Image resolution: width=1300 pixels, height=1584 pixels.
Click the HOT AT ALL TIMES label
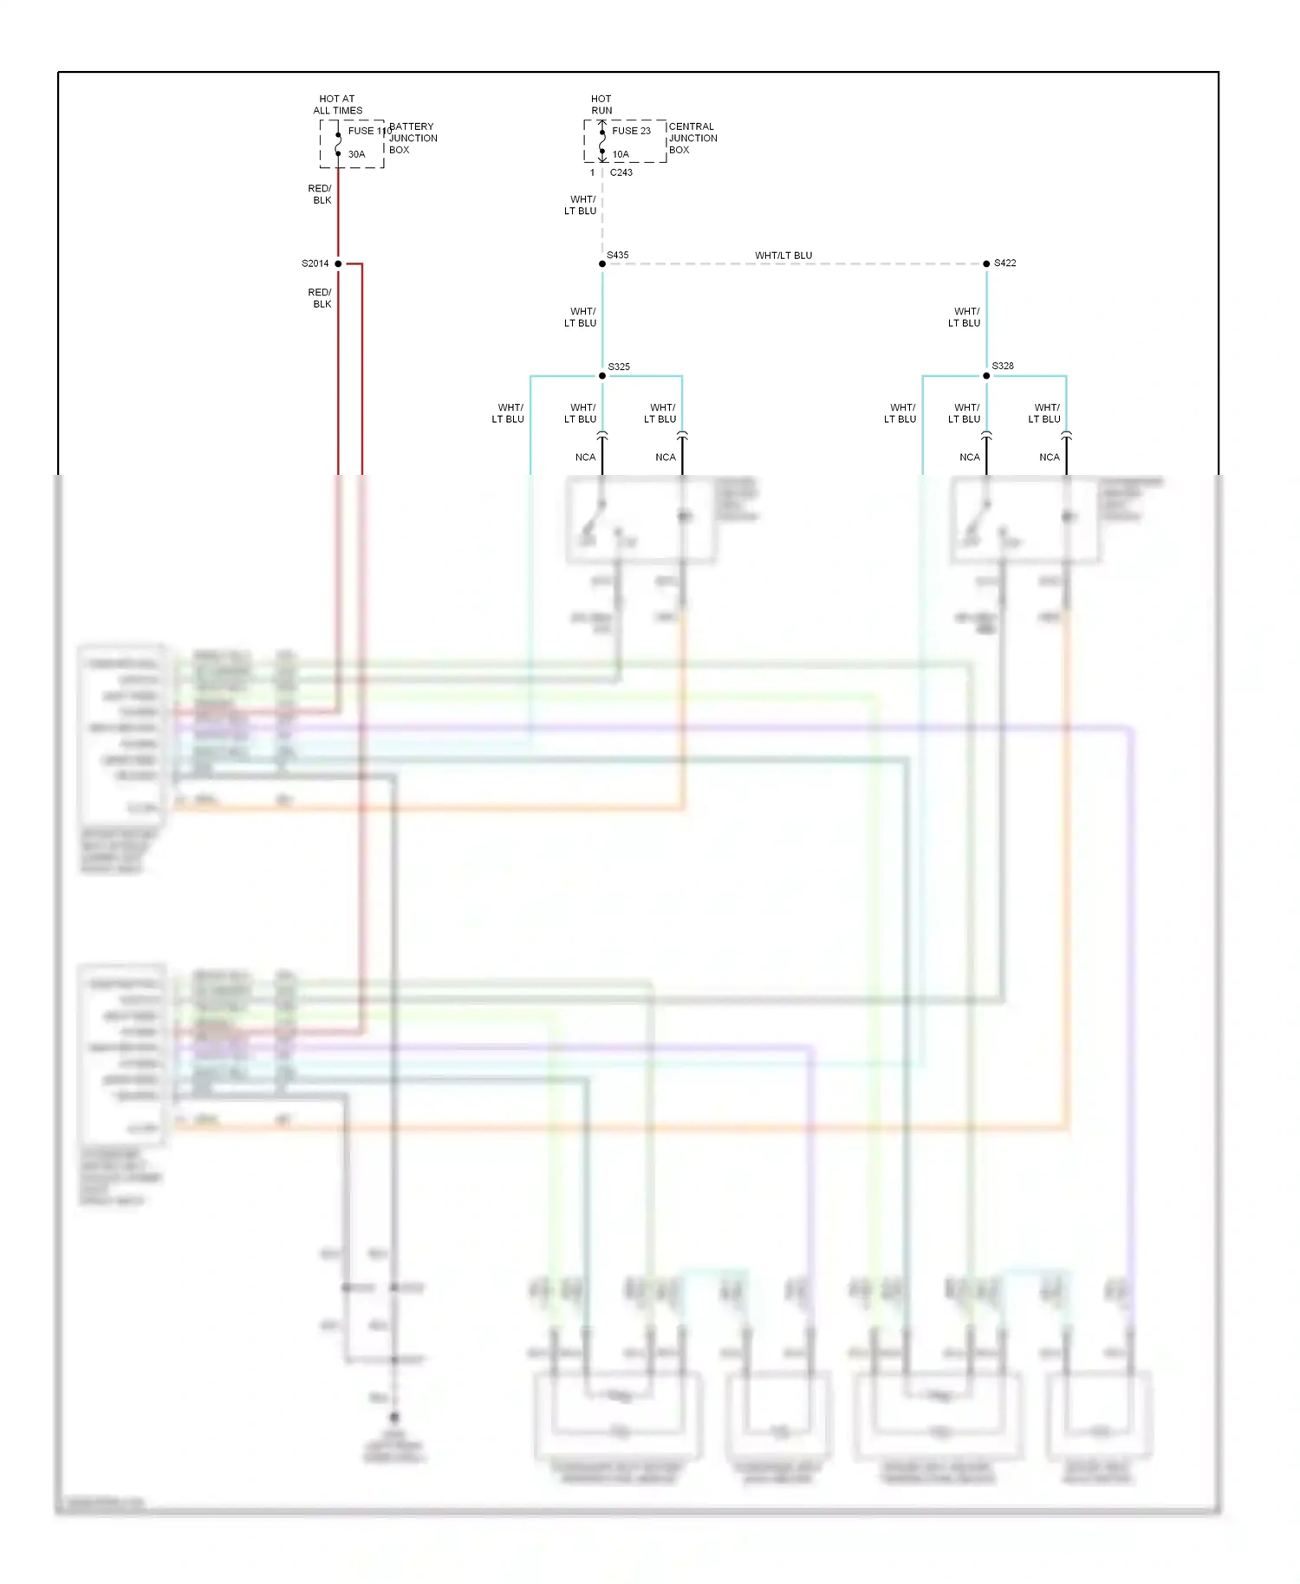click(x=337, y=105)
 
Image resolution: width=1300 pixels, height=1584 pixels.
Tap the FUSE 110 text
click(x=367, y=131)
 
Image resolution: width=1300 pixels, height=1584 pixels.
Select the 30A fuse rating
click(x=356, y=154)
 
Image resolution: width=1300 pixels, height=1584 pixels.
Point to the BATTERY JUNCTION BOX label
click(x=413, y=138)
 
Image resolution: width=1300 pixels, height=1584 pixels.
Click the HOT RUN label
click(x=601, y=105)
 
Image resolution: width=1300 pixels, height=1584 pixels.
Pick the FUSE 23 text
click(x=631, y=131)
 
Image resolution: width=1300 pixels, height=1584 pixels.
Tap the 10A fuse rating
click(x=621, y=154)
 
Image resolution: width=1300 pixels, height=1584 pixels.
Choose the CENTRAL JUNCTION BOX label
click(x=692, y=138)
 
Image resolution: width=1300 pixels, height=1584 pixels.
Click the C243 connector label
click(x=621, y=172)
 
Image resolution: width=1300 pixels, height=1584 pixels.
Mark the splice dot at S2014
click(x=338, y=263)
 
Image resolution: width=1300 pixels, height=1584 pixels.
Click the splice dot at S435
click(x=602, y=263)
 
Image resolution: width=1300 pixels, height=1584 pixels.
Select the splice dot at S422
click(x=986, y=263)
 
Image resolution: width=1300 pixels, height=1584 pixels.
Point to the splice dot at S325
click(x=602, y=375)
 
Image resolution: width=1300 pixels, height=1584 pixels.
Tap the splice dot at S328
click(x=986, y=375)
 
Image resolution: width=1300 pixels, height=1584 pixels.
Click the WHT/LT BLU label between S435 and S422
click(x=783, y=256)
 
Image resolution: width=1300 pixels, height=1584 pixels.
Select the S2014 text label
click(x=315, y=263)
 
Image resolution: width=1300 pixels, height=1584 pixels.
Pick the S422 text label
click(x=1005, y=263)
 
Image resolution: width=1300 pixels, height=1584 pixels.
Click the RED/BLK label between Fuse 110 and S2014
click(x=321, y=194)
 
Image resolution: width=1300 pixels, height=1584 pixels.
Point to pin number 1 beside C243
click(x=593, y=172)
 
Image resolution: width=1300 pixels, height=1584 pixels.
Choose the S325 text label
click(x=619, y=367)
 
